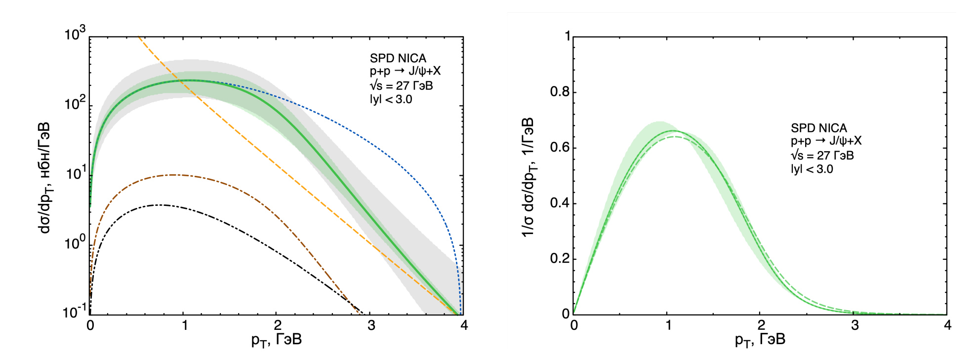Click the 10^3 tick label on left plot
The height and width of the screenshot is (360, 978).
coord(75,35)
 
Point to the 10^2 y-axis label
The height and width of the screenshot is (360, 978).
coord(75,104)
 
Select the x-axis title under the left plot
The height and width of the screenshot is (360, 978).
coord(276,340)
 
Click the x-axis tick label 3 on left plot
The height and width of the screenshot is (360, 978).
coord(371,325)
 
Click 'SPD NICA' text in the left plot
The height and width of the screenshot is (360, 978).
coord(398,58)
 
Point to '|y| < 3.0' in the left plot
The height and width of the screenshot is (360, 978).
coord(391,99)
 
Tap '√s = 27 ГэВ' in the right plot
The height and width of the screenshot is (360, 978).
coord(822,156)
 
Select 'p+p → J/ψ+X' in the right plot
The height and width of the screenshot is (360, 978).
coord(826,141)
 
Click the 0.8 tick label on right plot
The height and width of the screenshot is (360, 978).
coord(560,92)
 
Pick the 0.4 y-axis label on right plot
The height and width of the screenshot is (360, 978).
coord(560,203)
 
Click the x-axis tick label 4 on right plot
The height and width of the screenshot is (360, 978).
coord(947,325)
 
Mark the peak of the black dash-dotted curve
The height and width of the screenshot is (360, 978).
coord(161,205)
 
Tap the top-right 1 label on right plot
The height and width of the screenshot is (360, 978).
coord(568,36)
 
